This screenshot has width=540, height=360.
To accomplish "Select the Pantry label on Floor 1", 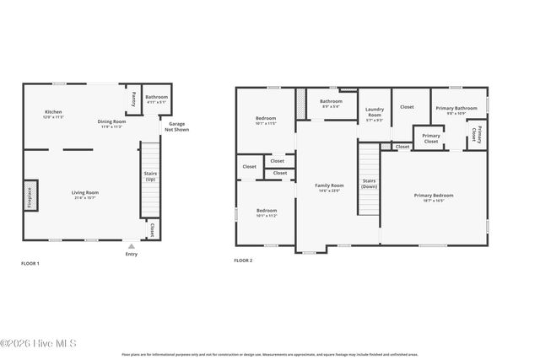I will pyautogui.click(x=133, y=99).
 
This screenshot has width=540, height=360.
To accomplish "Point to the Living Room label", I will pyautogui.click(x=84, y=195).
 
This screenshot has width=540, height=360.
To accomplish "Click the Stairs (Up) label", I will pyautogui.click(x=150, y=176).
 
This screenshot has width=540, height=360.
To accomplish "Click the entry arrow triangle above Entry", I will pyautogui.click(x=131, y=246).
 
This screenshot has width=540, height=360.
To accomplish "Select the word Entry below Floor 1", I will pyautogui.click(x=131, y=254).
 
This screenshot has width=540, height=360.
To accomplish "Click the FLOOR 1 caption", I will pyautogui.click(x=30, y=263).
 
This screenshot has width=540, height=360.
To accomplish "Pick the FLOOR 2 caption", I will pyautogui.click(x=243, y=261).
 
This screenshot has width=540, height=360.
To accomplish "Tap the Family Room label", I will pyautogui.click(x=329, y=187).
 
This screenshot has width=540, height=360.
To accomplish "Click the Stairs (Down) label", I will pyautogui.click(x=370, y=183).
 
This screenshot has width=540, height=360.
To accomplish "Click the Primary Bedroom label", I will pyautogui.click(x=434, y=197).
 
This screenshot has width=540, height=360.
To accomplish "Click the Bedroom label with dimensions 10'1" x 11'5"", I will pyautogui.click(x=267, y=119).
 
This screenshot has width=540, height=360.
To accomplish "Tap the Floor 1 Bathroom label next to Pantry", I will pyautogui.click(x=157, y=99).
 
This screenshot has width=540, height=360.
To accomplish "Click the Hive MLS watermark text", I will pyautogui.click(x=39, y=343).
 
